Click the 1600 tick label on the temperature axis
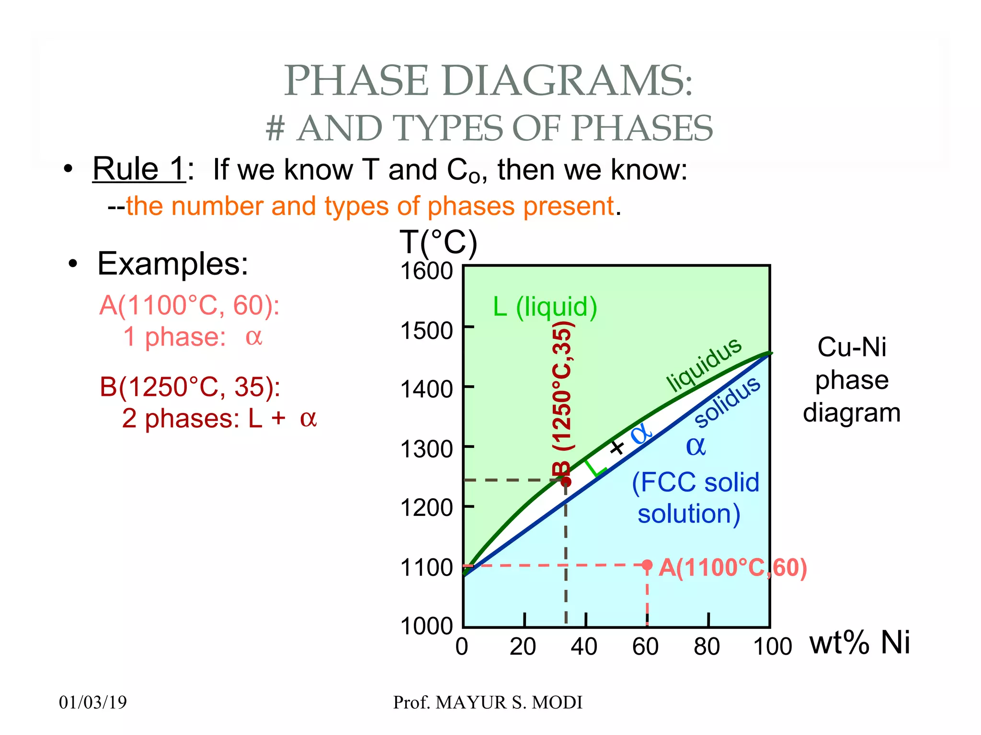coord(426,271)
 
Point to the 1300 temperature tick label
coord(426,449)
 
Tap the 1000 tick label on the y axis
coord(426,626)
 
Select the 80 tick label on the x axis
coord(707,647)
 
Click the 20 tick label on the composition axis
coord(523,647)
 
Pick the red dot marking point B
coord(566,481)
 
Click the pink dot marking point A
coord(647,565)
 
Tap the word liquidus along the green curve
coord(704,364)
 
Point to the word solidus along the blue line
coord(727,401)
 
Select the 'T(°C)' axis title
coord(438,242)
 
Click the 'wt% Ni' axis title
coord(859,642)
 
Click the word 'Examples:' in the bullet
coord(172,264)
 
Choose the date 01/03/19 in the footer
coord(93,702)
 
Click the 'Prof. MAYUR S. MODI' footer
coord(488,702)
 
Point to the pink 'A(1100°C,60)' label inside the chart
coord(732,568)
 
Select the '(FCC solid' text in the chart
coord(696,482)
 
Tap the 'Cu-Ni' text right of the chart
coord(851,347)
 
